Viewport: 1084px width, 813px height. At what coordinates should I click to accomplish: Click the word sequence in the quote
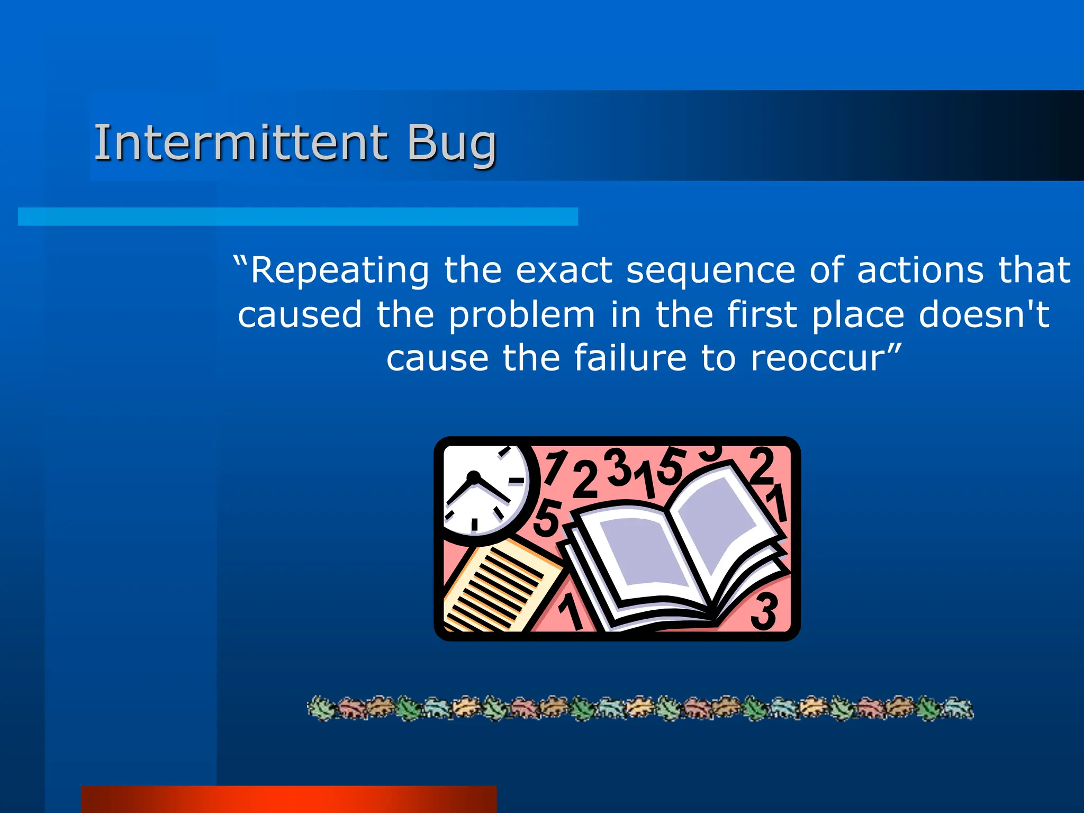click(710, 270)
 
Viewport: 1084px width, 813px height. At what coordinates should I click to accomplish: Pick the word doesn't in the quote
click(983, 314)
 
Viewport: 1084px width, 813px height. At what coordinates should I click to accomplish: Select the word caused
click(300, 314)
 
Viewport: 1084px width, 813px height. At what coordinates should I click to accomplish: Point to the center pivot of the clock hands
click(473, 478)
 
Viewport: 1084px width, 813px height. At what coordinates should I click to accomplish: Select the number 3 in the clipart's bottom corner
click(764, 611)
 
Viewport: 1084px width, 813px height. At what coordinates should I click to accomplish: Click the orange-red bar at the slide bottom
click(289, 799)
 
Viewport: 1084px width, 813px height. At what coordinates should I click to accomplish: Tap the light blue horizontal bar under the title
click(297, 216)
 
